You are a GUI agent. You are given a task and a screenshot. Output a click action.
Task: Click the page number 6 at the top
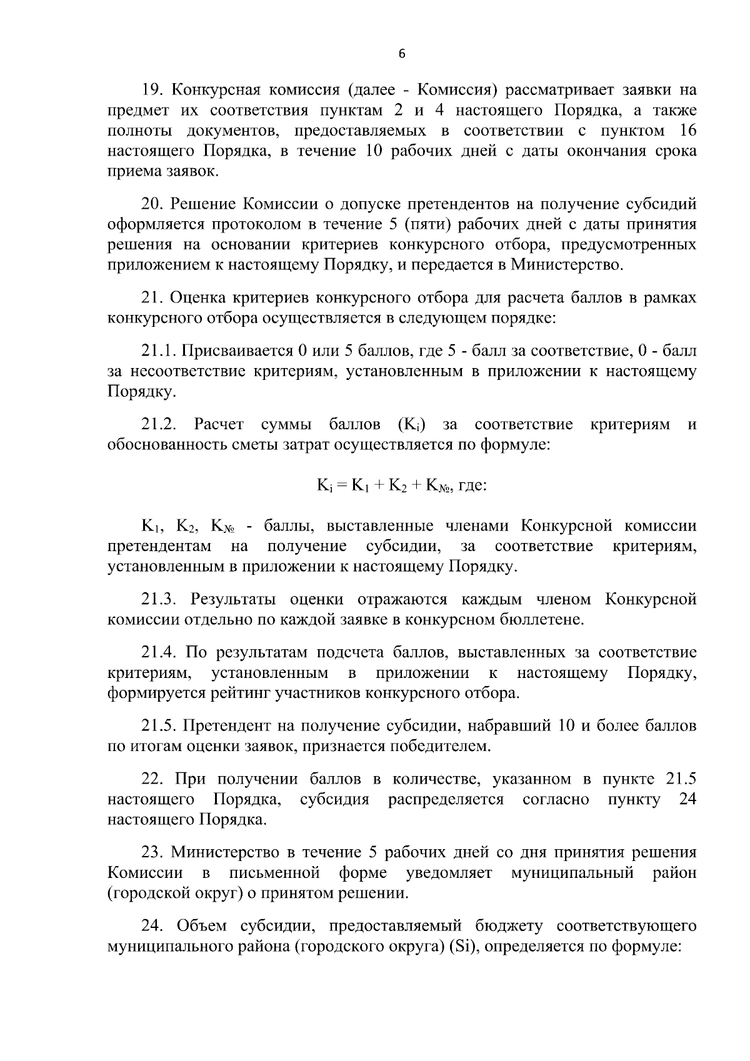[402, 54]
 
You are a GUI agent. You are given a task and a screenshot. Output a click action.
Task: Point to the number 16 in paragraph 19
[686, 131]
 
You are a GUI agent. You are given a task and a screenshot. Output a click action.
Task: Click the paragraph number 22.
[152, 779]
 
